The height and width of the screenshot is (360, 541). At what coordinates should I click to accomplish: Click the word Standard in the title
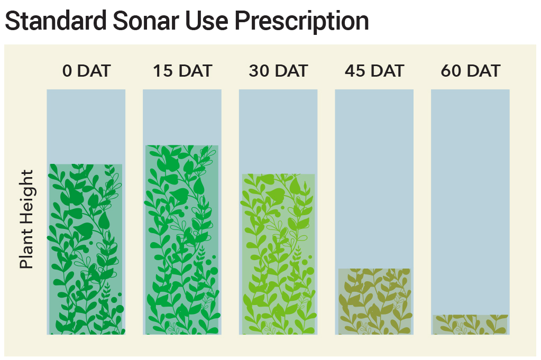pos(56,21)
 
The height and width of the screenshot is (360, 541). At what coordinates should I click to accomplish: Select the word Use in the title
pos(207,21)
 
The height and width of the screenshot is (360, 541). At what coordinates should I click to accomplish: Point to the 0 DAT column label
pos(86,71)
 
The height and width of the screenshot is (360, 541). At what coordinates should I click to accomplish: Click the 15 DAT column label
pos(182,71)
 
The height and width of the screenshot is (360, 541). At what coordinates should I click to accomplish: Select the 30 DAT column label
pos(278,71)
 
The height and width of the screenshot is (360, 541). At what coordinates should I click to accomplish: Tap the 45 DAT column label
pos(374,71)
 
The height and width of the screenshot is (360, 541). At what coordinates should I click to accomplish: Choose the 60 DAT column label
pos(470,71)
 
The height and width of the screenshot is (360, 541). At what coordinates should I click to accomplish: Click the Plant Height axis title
pos(26,219)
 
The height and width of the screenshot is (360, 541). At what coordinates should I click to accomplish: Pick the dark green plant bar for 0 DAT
pos(86,250)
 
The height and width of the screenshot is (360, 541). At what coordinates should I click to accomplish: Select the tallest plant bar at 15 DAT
pos(182,239)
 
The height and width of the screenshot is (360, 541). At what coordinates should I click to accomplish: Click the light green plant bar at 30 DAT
pos(279,254)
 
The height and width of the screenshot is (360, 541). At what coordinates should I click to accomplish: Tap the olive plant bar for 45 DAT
pos(374,301)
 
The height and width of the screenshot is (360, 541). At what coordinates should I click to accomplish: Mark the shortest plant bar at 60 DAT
pos(470,325)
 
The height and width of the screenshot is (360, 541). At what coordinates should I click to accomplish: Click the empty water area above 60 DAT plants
pos(470,202)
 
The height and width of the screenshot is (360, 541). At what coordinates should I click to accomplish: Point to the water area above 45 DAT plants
pos(374,179)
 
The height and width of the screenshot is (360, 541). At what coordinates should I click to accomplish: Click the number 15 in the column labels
pos(162,71)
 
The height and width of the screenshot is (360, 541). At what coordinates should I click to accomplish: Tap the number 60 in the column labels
pos(451,71)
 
